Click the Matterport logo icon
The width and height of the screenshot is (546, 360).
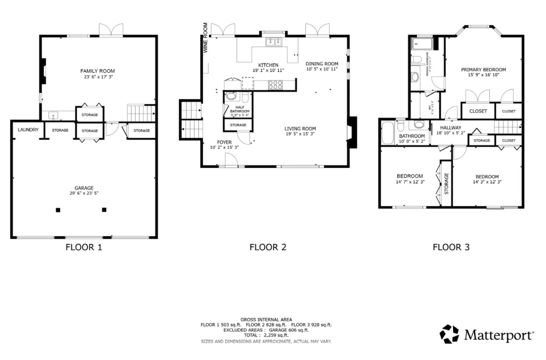click(449, 334)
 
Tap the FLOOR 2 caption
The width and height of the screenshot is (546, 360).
click(268, 247)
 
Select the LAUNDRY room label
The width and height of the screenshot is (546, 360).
click(28, 130)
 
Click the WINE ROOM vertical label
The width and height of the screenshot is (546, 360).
click(205, 38)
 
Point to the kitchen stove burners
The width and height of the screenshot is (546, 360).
click(275, 85)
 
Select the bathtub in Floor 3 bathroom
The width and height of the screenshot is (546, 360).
click(388, 133)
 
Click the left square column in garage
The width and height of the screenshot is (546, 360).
click(58, 210)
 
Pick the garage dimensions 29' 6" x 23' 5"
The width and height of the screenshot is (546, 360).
click(84, 193)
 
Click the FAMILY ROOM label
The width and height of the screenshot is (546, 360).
click(97, 71)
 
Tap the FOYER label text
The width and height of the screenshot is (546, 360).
click(224, 142)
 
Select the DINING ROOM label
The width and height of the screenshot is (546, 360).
click(322, 64)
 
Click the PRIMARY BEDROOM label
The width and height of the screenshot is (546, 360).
click(483, 69)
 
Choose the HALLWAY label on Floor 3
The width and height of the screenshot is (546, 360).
click(450, 128)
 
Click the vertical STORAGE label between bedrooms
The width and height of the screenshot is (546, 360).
click(446, 184)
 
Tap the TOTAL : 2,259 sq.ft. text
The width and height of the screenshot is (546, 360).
click(266, 335)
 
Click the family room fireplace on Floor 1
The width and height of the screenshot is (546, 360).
click(44, 71)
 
